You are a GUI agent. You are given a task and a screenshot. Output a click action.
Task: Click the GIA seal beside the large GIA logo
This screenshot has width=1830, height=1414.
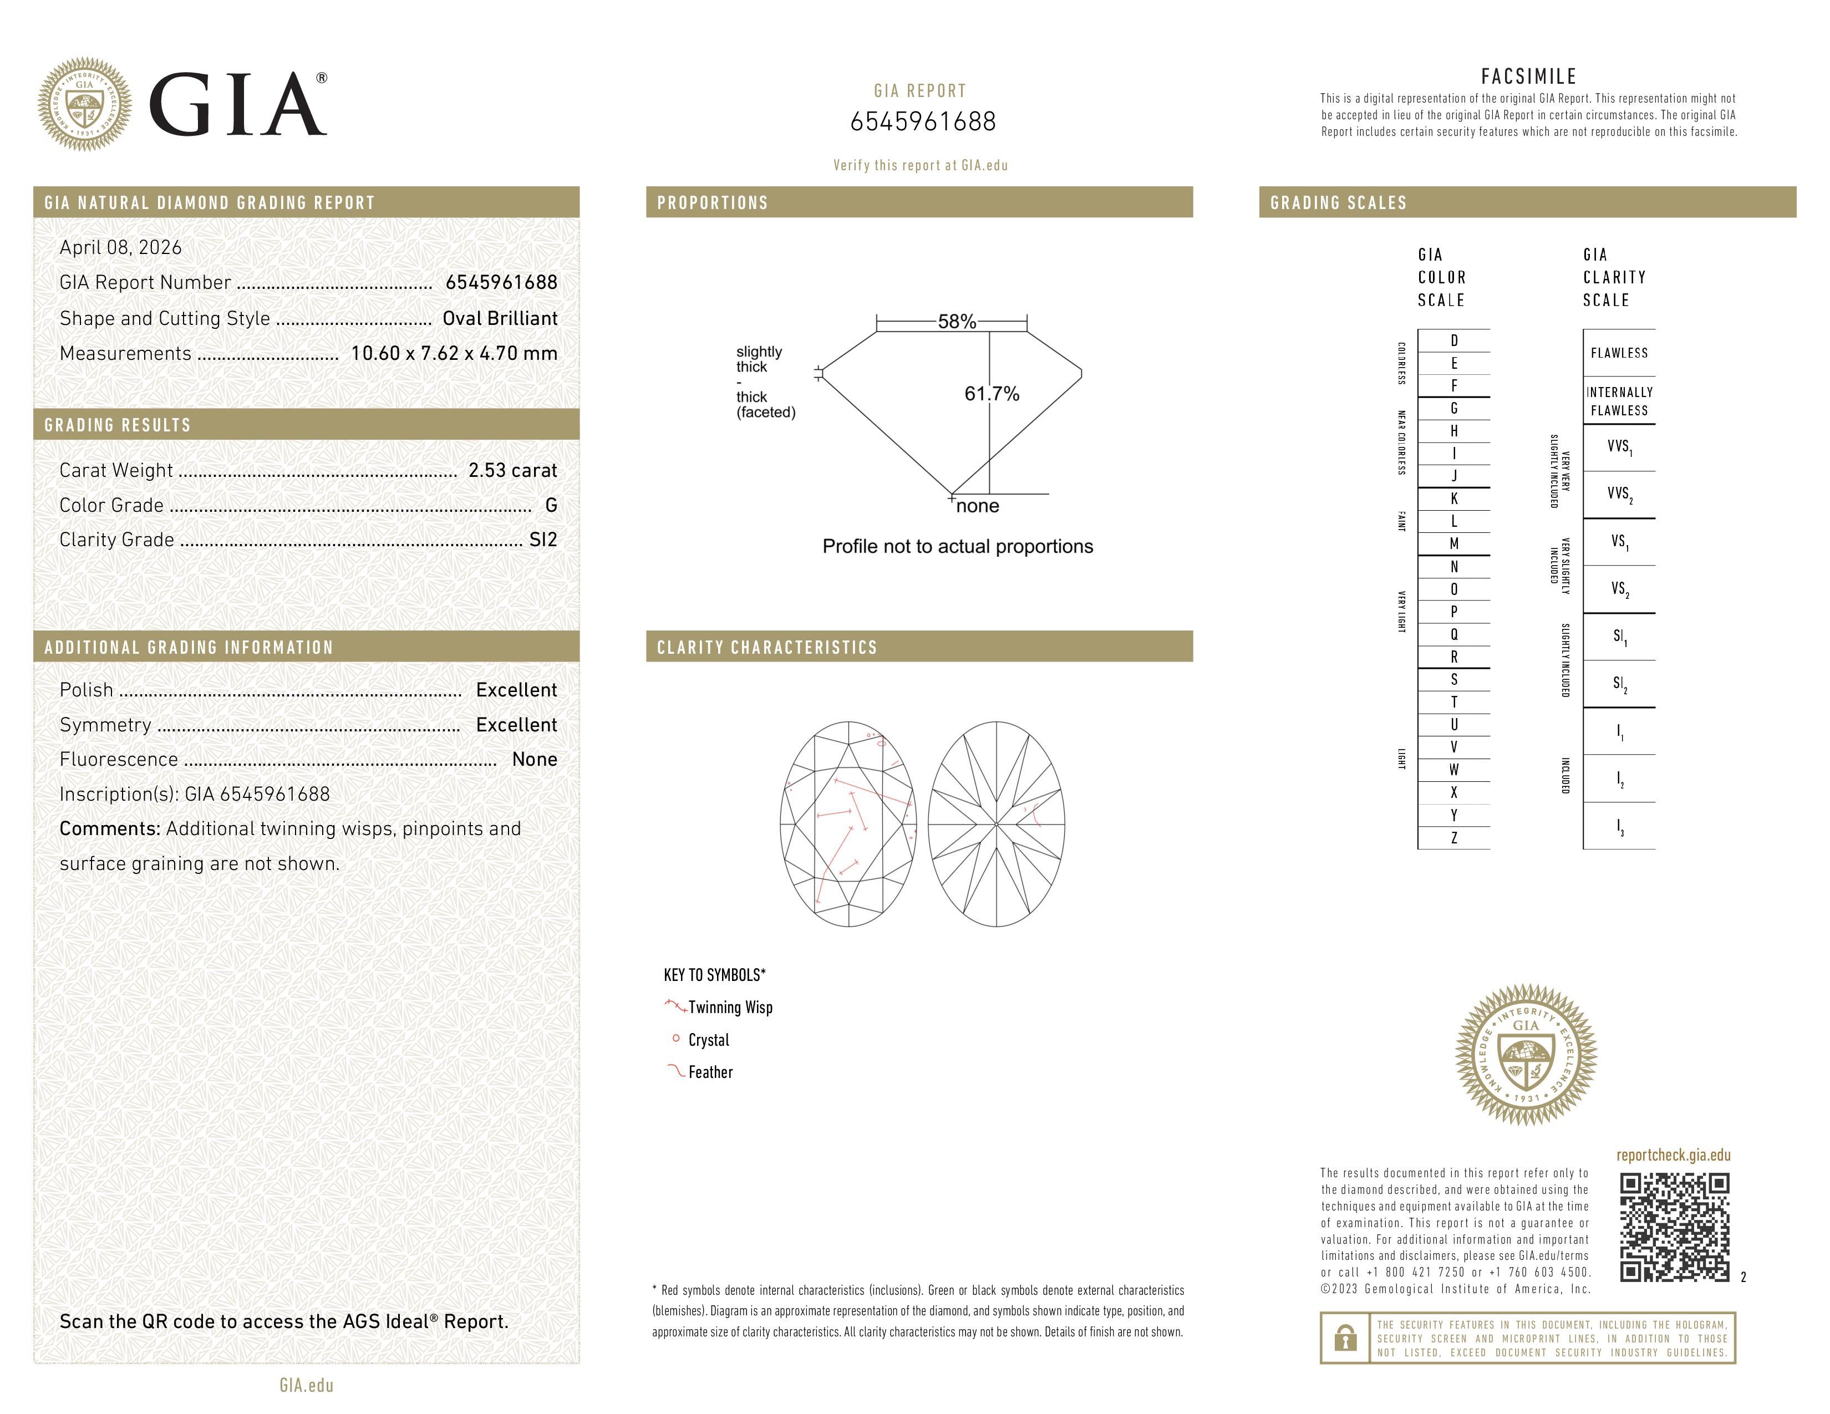(84, 105)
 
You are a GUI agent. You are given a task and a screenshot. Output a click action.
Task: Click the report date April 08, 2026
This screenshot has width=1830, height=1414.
(120, 247)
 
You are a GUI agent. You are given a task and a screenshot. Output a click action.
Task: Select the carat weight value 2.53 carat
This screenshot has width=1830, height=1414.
(512, 470)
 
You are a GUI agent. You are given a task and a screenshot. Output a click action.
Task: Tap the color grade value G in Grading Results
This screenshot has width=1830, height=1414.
(551, 505)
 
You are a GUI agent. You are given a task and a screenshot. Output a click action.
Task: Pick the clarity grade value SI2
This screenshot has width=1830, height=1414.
(543, 540)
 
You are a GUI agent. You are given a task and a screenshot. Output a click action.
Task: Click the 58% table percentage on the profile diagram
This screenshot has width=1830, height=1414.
(956, 322)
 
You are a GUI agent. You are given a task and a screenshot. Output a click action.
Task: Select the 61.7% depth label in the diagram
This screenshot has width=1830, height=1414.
(992, 394)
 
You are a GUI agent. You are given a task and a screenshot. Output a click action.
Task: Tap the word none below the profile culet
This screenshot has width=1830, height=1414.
(977, 506)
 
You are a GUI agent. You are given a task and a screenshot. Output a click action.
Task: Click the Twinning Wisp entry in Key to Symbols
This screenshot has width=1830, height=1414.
(729, 1007)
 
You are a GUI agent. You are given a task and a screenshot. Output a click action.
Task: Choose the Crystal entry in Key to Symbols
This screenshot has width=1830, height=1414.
(708, 1040)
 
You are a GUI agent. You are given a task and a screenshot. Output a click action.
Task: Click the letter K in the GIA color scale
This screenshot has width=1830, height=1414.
(1454, 499)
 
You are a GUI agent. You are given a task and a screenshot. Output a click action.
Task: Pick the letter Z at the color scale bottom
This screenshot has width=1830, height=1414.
(1454, 838)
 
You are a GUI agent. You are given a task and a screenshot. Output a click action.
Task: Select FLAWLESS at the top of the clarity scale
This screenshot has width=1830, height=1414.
(1618, 353)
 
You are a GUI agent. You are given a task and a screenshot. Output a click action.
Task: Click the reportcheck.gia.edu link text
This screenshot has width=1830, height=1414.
(1673, 1154)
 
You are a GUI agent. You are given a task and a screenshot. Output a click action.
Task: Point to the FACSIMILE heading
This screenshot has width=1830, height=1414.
(1528, 76)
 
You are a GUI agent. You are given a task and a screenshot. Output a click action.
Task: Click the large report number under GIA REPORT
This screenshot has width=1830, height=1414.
(923, 121)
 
